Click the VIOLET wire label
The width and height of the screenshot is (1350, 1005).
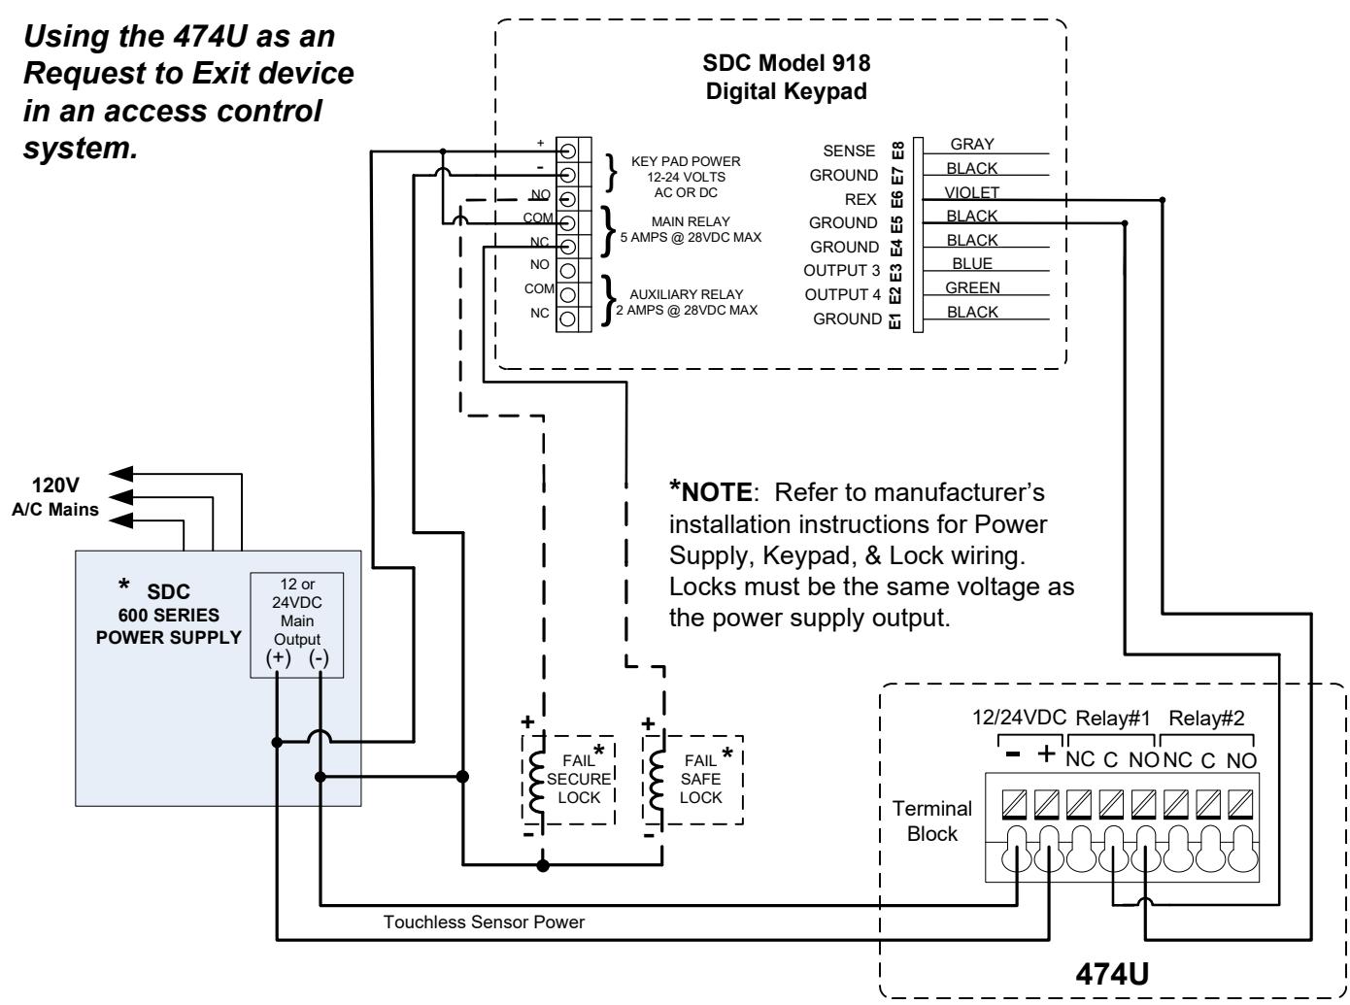[x=971, y=192]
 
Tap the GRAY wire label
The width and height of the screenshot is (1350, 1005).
[x=972, y=145]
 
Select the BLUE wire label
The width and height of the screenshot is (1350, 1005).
[x=972, y=263]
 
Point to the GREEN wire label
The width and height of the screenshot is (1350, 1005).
[x=972, y=287]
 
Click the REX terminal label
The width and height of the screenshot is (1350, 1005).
[x=861, y=199]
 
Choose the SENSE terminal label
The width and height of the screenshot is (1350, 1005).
[x=849, y=151]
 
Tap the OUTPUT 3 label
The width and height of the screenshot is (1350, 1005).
[x=841, y=270]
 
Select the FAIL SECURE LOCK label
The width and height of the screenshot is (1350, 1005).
[x=578, y=779]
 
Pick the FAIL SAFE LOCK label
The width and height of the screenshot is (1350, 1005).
[x=700, y=779]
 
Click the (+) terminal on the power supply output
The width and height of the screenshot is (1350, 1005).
[x=278, y=658]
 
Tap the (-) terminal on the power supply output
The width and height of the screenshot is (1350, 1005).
[x=319, y=658]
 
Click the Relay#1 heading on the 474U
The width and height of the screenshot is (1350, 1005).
[x=1113, y=719]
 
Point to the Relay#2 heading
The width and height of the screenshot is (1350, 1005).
[x=1205, y=719]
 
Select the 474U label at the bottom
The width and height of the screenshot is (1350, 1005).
[x=1111, y=975]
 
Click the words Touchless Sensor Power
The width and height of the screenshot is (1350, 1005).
[x=484, y=922]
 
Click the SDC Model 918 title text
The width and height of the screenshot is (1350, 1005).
[x=787, y=63]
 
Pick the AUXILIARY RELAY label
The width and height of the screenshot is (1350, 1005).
[x=686, y=294]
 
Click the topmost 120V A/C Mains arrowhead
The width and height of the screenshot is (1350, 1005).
[x=120, y=474]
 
